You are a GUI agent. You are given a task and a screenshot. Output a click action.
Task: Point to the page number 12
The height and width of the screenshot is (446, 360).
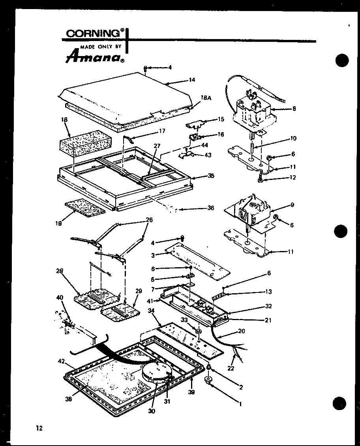39,428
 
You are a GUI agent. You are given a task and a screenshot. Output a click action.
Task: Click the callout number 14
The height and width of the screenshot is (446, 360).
192,80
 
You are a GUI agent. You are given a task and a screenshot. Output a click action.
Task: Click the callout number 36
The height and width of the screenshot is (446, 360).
210,208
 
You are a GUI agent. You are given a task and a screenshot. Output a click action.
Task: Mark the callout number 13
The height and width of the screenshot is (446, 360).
269,292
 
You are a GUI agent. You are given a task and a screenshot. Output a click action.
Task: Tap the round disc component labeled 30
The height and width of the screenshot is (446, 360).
157,373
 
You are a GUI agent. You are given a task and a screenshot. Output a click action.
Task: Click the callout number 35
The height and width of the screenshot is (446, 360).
211,176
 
